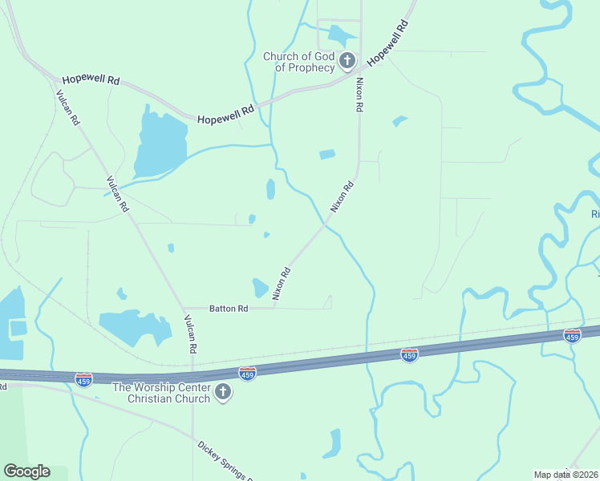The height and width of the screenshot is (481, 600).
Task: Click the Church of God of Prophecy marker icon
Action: pos(347,60)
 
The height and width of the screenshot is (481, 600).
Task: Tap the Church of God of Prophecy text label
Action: pos(299,62)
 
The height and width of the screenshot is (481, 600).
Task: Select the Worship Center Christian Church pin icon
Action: pos(224,392)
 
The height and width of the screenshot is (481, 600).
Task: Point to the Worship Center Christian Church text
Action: pos(161,393)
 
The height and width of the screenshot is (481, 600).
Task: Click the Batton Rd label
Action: pos(229,308)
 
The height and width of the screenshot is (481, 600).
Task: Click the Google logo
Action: pos(26,471)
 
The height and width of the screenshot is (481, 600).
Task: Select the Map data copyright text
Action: pos(566,475)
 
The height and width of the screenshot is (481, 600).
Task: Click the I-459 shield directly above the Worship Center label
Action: pos(247,373)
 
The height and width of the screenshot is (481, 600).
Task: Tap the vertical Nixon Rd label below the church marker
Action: pos(359,94)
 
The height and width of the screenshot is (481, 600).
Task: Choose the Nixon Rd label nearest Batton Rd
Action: pos(281,284)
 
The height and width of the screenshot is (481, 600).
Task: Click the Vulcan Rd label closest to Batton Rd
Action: pos(190,334)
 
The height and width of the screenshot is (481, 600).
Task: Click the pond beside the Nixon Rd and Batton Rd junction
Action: pos(260,287)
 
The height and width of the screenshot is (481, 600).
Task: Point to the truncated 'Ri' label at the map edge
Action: pos(595,214)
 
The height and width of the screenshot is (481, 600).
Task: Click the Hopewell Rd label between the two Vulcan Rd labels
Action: pos(225,113)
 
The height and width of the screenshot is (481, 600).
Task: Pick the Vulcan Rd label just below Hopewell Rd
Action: pos(67,107)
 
